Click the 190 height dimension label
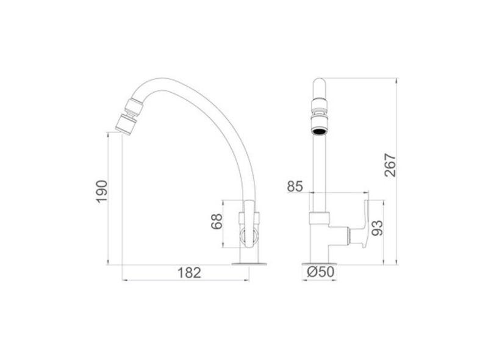(x=102, y=192)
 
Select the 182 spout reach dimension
(x=189, y=273)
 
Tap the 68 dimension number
(x=217, y=221)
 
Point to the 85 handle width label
(x=295, y=187)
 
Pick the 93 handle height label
(x=377, y=228)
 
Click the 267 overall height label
(x=390, y=165)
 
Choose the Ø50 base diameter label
(x=320, y=272)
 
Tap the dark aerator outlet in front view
(x=320, y=131)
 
